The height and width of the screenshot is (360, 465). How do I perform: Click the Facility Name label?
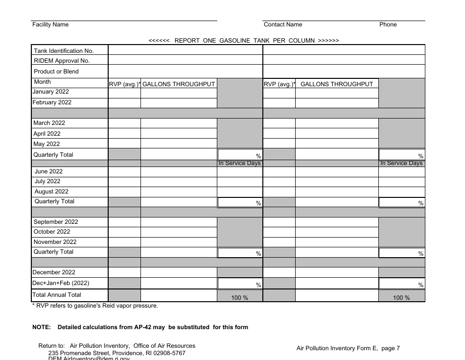[50, 24]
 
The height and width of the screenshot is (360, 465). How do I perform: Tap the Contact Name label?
[283, 24]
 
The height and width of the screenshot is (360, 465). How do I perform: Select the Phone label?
[388, 24]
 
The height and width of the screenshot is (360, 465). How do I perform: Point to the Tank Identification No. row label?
[64, 51]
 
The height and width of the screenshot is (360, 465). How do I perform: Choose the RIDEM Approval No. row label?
[62, 61]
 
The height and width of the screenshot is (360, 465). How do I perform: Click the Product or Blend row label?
[56, 72]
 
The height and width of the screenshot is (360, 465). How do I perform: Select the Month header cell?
[43, 82]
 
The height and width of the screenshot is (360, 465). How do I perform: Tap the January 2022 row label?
[51, 92]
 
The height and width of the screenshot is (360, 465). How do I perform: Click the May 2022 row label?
[46, 144]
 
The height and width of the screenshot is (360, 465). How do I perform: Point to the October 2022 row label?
[52, 232]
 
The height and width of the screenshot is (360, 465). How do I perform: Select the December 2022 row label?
[54, 272]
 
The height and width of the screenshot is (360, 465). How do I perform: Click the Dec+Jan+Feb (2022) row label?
[61, 283]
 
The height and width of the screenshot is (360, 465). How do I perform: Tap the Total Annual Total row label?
[57, 295]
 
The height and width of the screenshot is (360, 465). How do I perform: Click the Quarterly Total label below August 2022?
[54, 201]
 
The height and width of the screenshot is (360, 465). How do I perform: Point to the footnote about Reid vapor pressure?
[95, 306]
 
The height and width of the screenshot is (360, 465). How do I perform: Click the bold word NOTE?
[42, 327]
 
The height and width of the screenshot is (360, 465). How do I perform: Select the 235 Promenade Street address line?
[116, 353]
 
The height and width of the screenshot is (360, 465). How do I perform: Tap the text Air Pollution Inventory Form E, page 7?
[348, 348]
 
